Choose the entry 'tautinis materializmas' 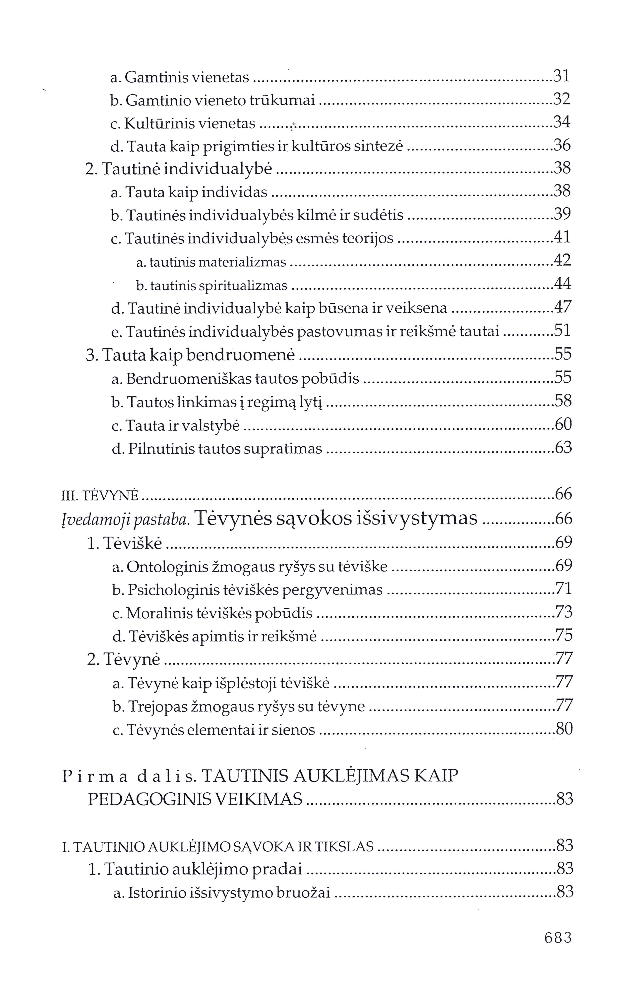point(211,262)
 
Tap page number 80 point(564,729)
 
